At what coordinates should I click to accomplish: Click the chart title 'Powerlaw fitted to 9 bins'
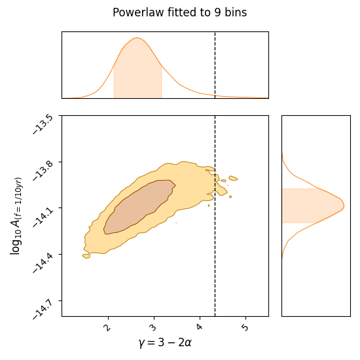[x=179, y=12]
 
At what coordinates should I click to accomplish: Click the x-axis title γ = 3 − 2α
[x=164, y=342]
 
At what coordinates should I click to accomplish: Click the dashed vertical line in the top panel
[x=215, y=65]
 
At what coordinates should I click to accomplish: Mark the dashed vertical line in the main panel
[x=215, y=262]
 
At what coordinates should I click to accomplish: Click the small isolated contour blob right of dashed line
[x=232, y=178]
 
